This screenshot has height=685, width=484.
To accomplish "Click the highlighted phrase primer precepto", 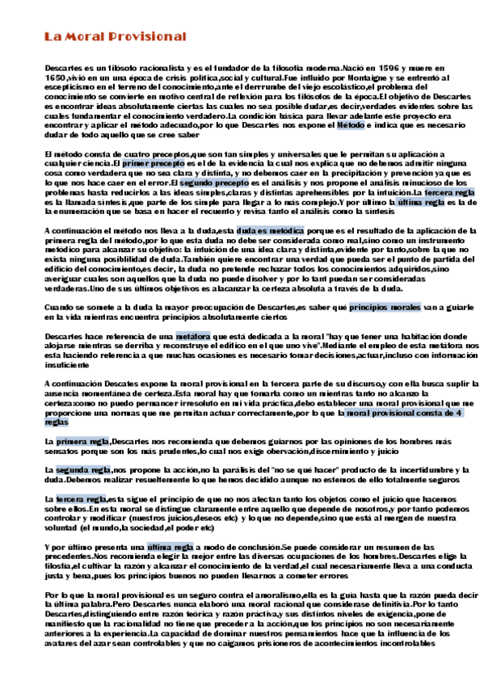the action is [149, 164].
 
